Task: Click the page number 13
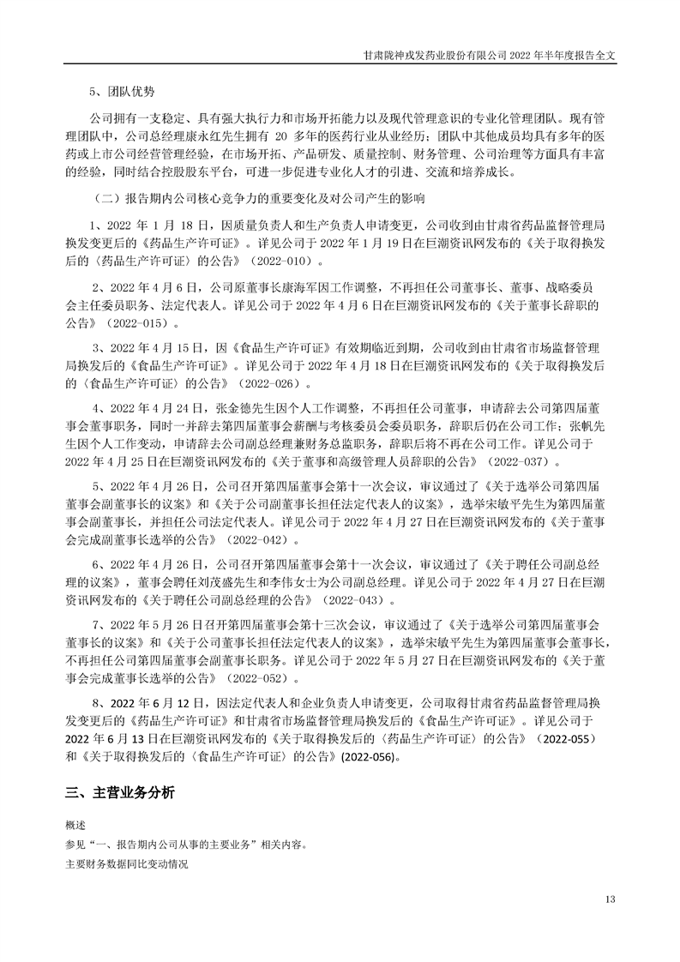tap(610, 899)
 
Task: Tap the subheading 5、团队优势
tap(123, 91)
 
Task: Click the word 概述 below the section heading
tap(75, 824)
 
